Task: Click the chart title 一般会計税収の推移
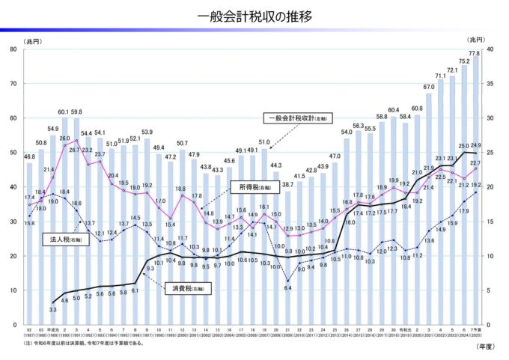[254, 16]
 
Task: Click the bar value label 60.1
[64, 112]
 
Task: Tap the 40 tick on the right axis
[493, 49]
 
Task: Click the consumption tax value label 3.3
[53, 308]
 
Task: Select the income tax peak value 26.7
[75, 150]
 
